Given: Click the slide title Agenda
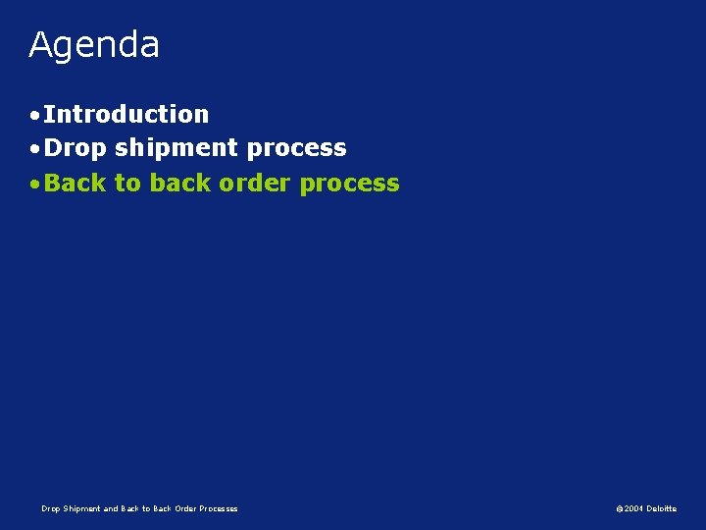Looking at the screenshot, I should [x=94, y=45].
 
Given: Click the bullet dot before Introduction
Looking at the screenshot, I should [x=34, y=116].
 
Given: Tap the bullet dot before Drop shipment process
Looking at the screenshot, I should [x=34, y=149].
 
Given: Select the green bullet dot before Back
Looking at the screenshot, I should [x=34, y=185].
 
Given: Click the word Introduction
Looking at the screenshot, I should [x=126, y=114].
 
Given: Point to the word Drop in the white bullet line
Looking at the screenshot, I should [x=76, y=148].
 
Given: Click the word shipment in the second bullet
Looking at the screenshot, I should [x=176, y=148].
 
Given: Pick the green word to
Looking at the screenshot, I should [x=127, y=183].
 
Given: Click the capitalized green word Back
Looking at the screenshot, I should [x=76, y=183].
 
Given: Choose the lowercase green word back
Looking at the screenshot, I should [x=180, y=183].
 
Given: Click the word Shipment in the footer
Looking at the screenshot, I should [x=80, y=508].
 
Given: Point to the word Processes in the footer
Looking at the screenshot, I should [x=218, y=508].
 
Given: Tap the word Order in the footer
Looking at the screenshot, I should [x=184, y=508].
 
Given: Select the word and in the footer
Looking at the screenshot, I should [x=111, y=508].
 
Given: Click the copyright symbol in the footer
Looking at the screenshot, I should [x=620, y=508].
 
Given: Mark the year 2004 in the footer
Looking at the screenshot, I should [x=633, y=508].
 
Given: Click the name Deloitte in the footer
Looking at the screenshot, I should [x=662, y=508].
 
